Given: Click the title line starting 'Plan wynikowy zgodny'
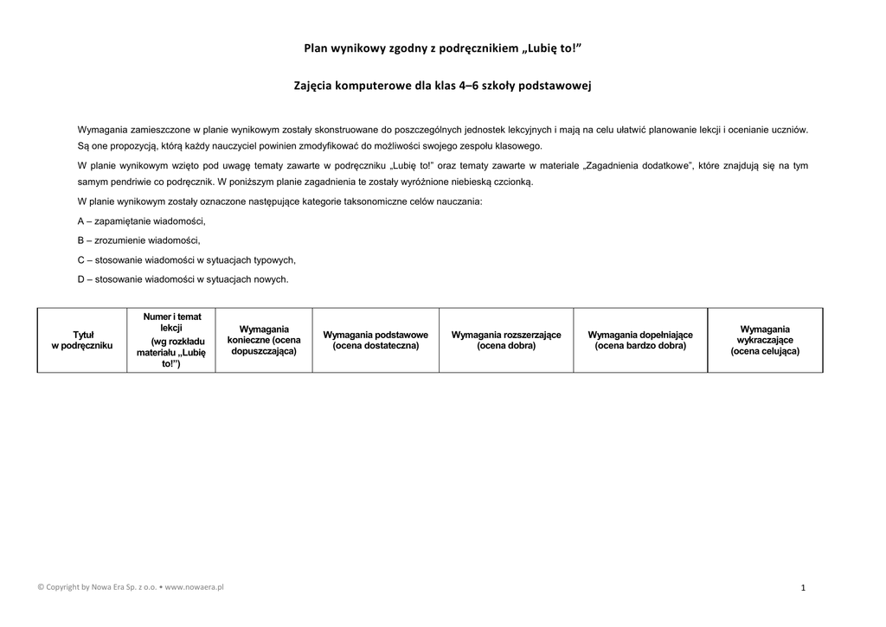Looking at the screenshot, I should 442,48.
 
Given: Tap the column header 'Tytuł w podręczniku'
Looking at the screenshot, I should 82,340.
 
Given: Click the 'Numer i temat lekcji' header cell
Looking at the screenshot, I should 171,340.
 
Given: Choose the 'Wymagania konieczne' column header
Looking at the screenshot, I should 264,340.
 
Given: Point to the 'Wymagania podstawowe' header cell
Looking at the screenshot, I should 376,340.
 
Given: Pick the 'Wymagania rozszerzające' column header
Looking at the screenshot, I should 506,340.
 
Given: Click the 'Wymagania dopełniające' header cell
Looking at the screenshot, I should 640,340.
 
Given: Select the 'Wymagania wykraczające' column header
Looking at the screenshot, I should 765,340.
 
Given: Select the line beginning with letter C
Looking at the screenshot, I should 186,259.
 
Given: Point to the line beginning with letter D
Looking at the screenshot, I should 183,279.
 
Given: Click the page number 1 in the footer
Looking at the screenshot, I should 803,588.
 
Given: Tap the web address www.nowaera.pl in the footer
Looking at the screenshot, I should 195,586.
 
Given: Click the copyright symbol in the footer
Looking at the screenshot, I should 41,586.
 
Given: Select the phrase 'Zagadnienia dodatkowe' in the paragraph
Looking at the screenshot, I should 636,165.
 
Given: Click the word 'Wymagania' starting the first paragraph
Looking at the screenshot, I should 101,130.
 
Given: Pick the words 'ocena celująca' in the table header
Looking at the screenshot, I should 765,352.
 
